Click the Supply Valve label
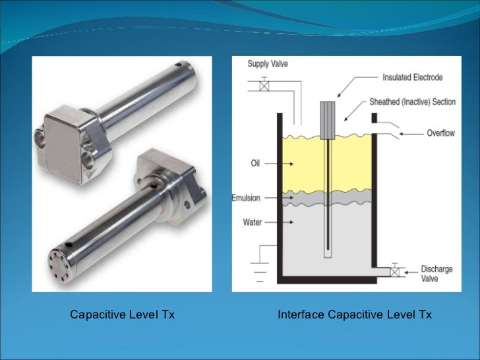coord(267,64)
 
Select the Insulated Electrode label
coord(413,78)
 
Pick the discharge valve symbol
coord(395,271)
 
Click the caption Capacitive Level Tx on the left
coord(123,315)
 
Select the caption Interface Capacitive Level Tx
coord(355,315)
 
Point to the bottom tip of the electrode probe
coord(327,254)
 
